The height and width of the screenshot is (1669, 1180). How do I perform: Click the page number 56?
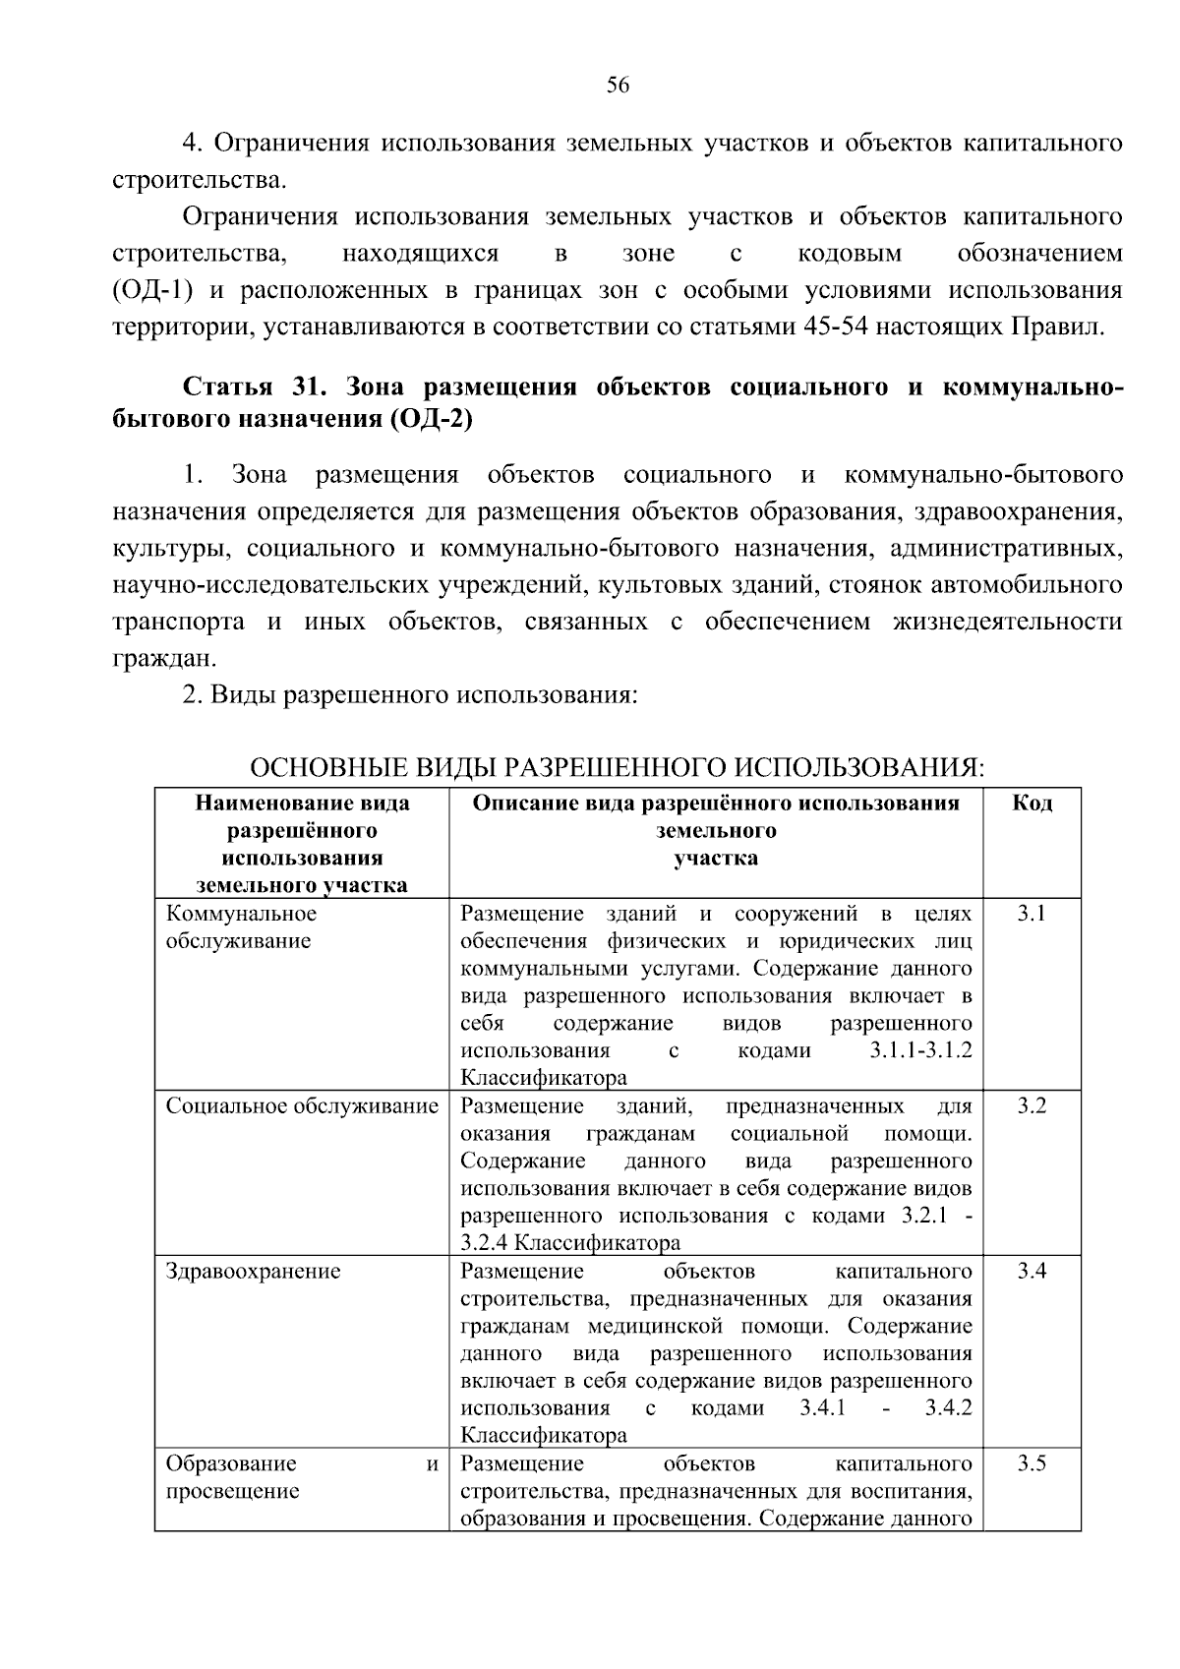pos(618,86)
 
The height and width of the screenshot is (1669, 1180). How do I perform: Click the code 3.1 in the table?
pos(1032,914)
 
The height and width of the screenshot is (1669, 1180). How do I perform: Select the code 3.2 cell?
pos(1032,1106)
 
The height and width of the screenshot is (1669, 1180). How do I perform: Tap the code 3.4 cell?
pos(1032,1272)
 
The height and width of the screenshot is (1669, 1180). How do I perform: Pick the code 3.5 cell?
pos(1032,1463)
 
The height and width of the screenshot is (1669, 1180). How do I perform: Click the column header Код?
pos(1032,804)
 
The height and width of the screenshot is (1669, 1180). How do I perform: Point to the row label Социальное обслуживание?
pos(302,1106)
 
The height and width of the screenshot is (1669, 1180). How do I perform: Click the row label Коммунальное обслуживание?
pos(241,926)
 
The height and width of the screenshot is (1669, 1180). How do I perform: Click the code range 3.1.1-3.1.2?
pos(920,1050)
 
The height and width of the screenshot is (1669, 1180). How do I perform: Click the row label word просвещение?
pos(232,1491)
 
